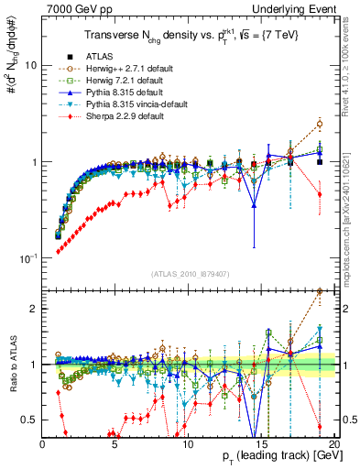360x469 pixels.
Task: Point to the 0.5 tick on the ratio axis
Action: tap(30, 420)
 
